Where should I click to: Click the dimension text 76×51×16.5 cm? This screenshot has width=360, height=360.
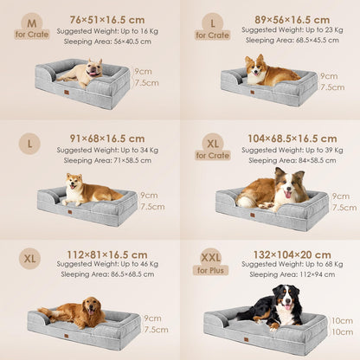click(x=106, y=19)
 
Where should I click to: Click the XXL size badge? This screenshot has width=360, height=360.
click(x=211, y=256)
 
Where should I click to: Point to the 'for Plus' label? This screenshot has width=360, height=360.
click(x=211, y=269)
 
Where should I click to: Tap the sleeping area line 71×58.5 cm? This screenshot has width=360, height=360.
click(x=107, y=160)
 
